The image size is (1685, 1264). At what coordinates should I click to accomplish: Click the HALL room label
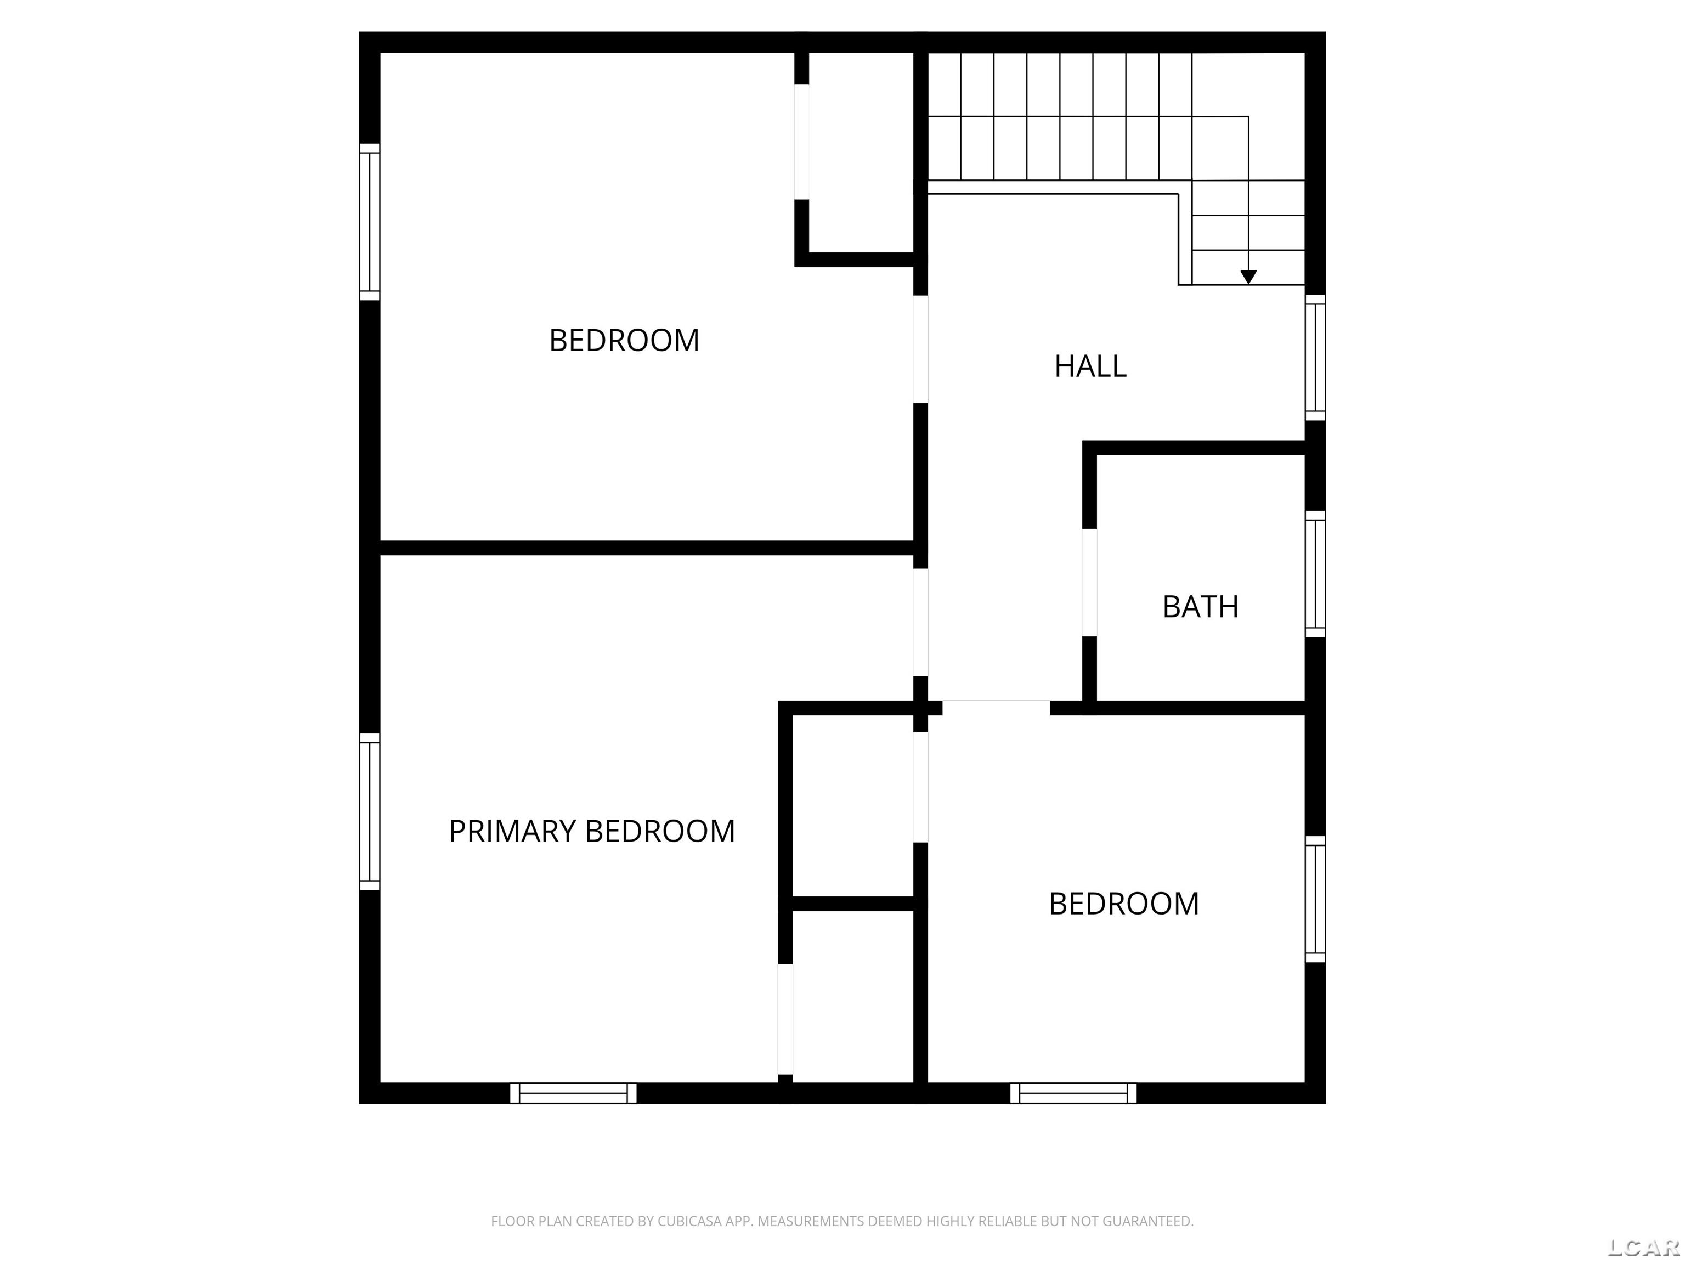point(1090,366)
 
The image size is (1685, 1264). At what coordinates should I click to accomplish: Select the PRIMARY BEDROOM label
point(592,831)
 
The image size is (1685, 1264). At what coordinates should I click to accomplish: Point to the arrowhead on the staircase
point(1248,278)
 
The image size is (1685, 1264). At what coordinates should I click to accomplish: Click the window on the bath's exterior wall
point(1315,574)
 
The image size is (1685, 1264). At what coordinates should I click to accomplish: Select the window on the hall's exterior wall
point(1315,357)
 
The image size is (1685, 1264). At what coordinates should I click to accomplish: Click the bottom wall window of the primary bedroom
point(573,1093)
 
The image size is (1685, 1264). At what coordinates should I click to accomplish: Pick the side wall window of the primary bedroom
point(370,811)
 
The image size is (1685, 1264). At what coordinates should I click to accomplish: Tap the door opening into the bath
point(1089,582)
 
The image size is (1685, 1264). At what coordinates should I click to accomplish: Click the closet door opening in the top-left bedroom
point(801,142)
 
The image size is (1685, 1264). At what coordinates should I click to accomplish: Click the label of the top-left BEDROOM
point(624,341)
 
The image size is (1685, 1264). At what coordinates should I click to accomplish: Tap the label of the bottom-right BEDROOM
point(1123,904)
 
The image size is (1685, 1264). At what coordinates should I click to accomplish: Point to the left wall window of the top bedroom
point(370,222)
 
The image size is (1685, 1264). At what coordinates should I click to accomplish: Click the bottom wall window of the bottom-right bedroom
point(1073,1093)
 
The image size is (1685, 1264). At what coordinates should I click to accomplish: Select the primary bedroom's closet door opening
point(785,1019)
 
